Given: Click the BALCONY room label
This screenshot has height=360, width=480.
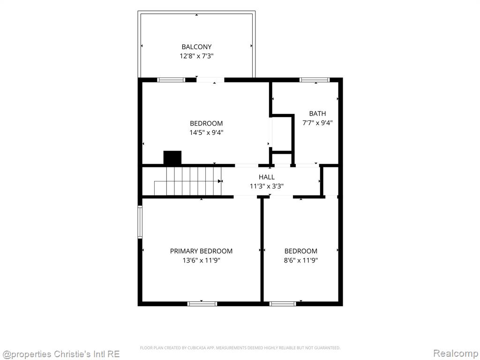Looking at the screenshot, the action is [196, 47].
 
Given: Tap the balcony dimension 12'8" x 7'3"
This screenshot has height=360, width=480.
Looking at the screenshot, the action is [196, 56].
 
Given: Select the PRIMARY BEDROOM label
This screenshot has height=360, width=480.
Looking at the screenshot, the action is [201, 251].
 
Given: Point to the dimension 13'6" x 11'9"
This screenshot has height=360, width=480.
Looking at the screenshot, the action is [201, 261].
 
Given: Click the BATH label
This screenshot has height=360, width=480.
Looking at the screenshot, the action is [317, 113].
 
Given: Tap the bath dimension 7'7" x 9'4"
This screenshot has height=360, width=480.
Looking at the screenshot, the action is [317, 123].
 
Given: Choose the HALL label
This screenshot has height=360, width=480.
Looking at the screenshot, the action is [267, 177].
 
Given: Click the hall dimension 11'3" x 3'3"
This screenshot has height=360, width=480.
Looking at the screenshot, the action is [267, 186].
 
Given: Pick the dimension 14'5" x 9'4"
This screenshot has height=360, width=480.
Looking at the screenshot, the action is [206, 133].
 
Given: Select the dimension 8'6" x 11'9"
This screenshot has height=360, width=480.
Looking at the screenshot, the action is [301, 261].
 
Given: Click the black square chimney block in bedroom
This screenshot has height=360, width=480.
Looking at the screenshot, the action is [172, 157].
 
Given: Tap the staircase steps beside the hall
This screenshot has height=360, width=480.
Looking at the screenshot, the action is [187, 181].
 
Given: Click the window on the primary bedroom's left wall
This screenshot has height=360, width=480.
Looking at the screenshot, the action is [140, 222].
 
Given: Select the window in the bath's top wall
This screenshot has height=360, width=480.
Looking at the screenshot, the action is [315, 80].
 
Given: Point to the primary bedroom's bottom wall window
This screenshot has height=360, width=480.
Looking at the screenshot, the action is [202, 304].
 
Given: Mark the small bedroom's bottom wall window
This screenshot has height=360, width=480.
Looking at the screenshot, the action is [283, 304].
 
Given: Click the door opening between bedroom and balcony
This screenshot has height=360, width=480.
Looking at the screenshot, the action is [210, 80].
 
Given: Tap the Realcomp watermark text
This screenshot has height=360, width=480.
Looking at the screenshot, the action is [456, 353].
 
